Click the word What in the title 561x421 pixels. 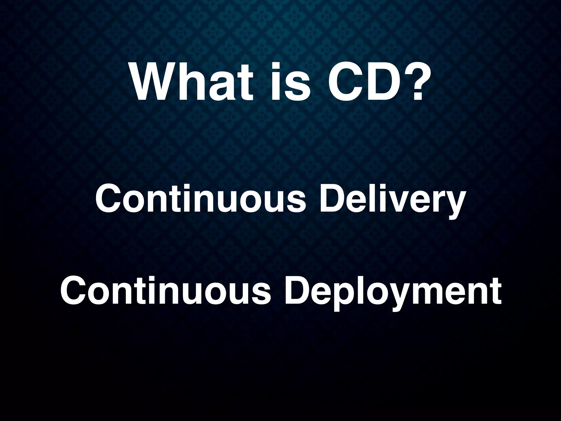tap(192, 82)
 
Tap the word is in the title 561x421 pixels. tap(291, 82)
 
